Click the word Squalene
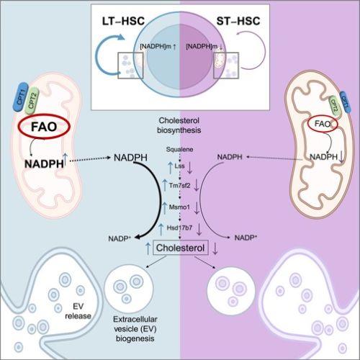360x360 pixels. coord(179,152)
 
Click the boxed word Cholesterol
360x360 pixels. coord(179,248)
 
